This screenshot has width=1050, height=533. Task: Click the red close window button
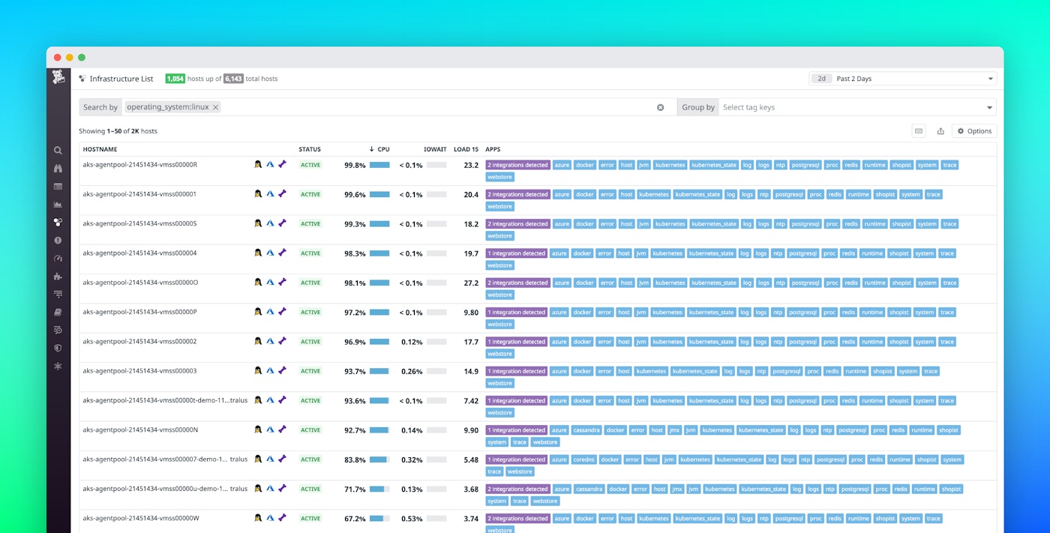coord(57,58)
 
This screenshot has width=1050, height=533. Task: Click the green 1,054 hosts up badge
coord(175,79)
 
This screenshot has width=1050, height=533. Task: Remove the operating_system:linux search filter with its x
coord(216,107)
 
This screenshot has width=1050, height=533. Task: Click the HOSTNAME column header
coord(100,149)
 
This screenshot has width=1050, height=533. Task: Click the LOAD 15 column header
coord(466,149)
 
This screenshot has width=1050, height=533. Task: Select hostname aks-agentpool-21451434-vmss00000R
coord(139,164)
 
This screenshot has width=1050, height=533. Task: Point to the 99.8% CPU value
coord(355,165)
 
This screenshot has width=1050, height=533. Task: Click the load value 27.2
coord(471,283)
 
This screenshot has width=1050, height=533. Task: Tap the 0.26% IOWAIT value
coord(412,371)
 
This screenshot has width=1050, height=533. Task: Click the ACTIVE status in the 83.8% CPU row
coord(310,460)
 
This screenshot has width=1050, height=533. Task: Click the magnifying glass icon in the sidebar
coord(58,150)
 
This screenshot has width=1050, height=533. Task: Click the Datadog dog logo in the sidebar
coord(58,77)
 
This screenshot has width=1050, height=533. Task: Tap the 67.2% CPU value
coord(355,519)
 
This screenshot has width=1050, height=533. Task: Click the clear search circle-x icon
coord(661,107)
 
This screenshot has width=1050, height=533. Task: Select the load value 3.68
coord(471,490)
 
